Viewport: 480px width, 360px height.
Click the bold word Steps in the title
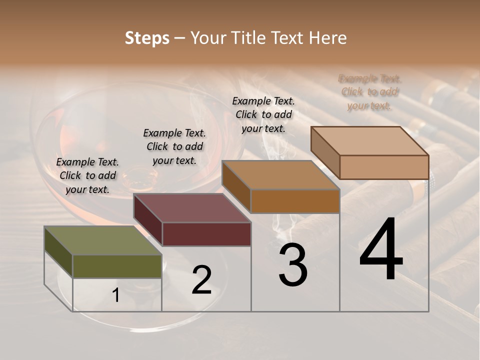[147, 38]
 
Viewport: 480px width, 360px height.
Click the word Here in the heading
[327, 38]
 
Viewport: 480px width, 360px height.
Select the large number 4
[381, 249]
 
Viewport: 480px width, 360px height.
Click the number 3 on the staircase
[292, 265]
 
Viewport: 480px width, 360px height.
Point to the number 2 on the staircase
[201, 280]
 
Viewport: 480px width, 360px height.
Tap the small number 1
[115, 295]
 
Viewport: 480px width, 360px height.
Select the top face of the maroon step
[192, 208]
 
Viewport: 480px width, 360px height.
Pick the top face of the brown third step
[280, 175]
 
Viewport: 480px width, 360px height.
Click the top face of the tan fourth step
[369, 141]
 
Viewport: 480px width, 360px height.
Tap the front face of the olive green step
[117, 266]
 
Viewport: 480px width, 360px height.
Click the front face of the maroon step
[206, 234]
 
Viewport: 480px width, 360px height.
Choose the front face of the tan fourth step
[384, 167]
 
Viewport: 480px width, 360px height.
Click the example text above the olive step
[87, 176]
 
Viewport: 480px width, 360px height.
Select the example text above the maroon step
[174, 146]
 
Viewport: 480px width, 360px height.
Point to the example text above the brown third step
[263, 114]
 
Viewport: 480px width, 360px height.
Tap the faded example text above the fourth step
[369, 92]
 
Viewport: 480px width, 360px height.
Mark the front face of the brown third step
[295, 201]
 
